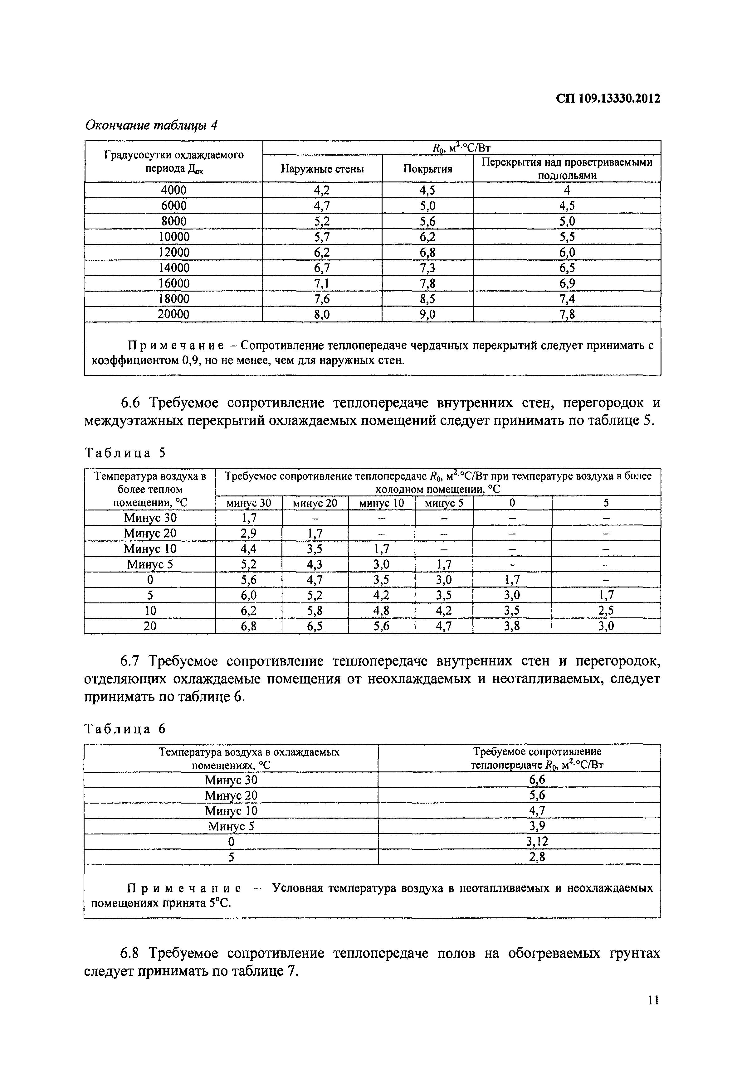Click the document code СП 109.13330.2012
tap(608, 99)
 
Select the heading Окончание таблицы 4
tap(151, 125)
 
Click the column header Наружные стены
tap(322, 169)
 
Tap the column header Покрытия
tap(427, 169)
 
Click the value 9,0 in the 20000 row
tap(427, 315)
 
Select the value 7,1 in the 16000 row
tap(322, 283)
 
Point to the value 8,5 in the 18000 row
tap(427, 299)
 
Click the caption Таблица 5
tap(125, 453)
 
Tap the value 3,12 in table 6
tap(537, 841)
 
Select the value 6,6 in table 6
tap(537, 780)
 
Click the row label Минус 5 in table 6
tap(231, 826)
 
